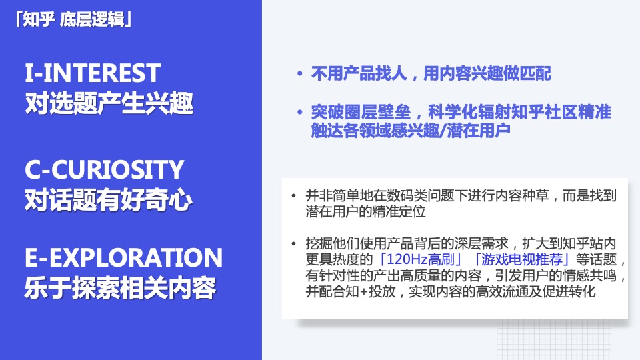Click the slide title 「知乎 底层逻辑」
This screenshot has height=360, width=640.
[x=73, y=19]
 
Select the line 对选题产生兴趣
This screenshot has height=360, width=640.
[x=109, y=103]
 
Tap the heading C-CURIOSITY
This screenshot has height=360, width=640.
[x=103, y=170]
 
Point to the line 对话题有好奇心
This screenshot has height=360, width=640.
[x=109, y=201]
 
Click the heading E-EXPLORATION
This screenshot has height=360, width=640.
[x=123, y=258]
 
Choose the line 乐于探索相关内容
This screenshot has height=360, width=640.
[x=120, y=289]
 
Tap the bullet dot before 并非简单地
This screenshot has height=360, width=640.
[x=294, y=197]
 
